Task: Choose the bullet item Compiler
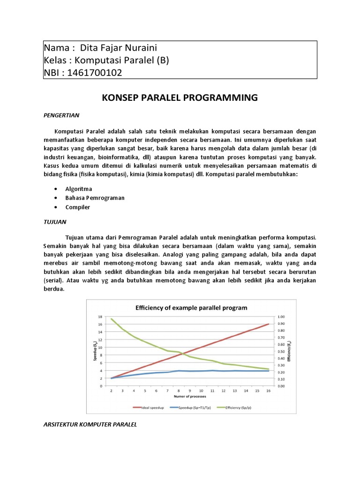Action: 78,207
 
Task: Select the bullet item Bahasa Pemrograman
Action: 95,198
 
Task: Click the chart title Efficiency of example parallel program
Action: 191,308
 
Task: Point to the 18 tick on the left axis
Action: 100,317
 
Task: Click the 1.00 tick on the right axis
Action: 282,317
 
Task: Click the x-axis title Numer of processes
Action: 190,397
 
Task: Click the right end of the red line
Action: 269,324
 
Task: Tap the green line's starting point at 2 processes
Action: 111,319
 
